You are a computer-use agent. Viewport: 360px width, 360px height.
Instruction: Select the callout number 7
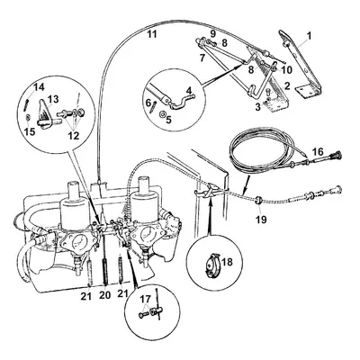[202, 58]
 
